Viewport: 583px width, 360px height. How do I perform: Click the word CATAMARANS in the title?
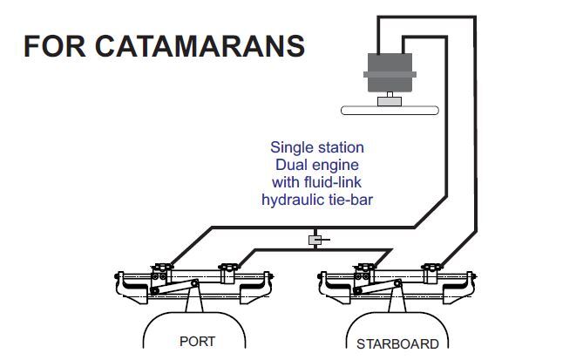[x=200, y=46]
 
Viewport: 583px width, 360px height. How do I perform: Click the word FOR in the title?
[x=55, y=46]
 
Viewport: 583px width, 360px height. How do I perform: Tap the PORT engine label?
[x=197, y=341]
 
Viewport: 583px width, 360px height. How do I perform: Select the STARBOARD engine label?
[x=397, y=344]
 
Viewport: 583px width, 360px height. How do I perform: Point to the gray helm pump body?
[x=390, y=72]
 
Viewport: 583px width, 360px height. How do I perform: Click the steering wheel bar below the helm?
[x=390, y=111]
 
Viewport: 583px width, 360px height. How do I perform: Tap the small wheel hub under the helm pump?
[x=390, y=101]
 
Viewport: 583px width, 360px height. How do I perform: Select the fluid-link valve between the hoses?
[x=315, y=240]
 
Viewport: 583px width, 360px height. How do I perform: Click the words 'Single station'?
[x=317, y=147]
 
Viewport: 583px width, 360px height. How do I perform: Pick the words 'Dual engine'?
[x=317, y=165]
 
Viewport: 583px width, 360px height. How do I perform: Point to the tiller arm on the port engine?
[x=174, y=287]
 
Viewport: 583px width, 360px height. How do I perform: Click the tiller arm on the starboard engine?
[x=377, y=287]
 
